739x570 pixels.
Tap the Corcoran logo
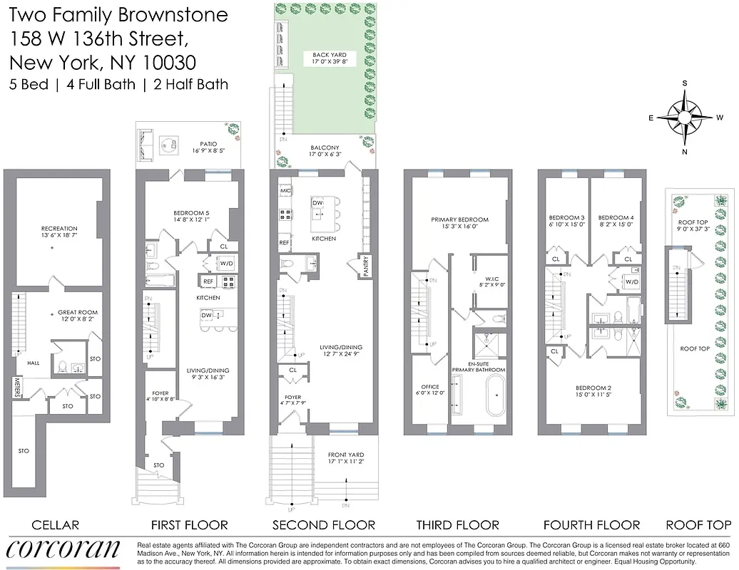pos(63,549)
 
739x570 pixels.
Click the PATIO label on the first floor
pos(208,142)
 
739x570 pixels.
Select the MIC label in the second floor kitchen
pos(285,191)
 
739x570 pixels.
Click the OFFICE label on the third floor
pos(429,388)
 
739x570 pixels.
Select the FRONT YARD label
pos(346,455)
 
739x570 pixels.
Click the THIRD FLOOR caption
pos(458,525)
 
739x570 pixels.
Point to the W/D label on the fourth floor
pos(631,282)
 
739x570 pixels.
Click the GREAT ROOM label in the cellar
pos(78,312)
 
